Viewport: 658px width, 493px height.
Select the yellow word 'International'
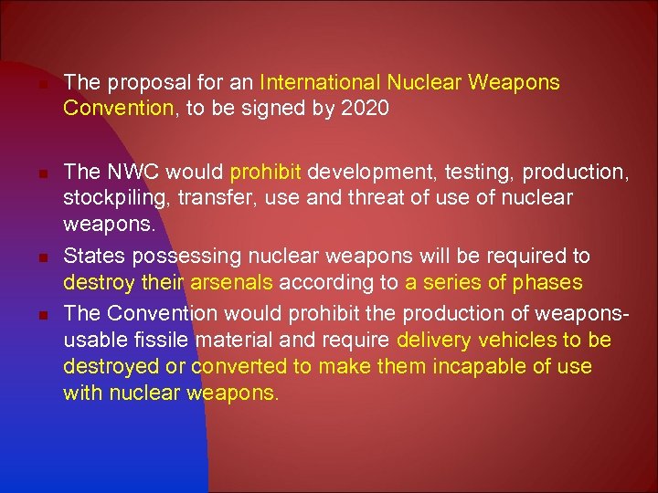pos(315,83)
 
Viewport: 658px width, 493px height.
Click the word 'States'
pos(90,256)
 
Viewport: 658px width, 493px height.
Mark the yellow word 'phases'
pos(550,283)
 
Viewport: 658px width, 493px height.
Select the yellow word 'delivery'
pos(434,341)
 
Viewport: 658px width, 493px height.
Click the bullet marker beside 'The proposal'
pos(44,85)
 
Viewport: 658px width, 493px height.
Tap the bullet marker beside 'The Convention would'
pos(44,315)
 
